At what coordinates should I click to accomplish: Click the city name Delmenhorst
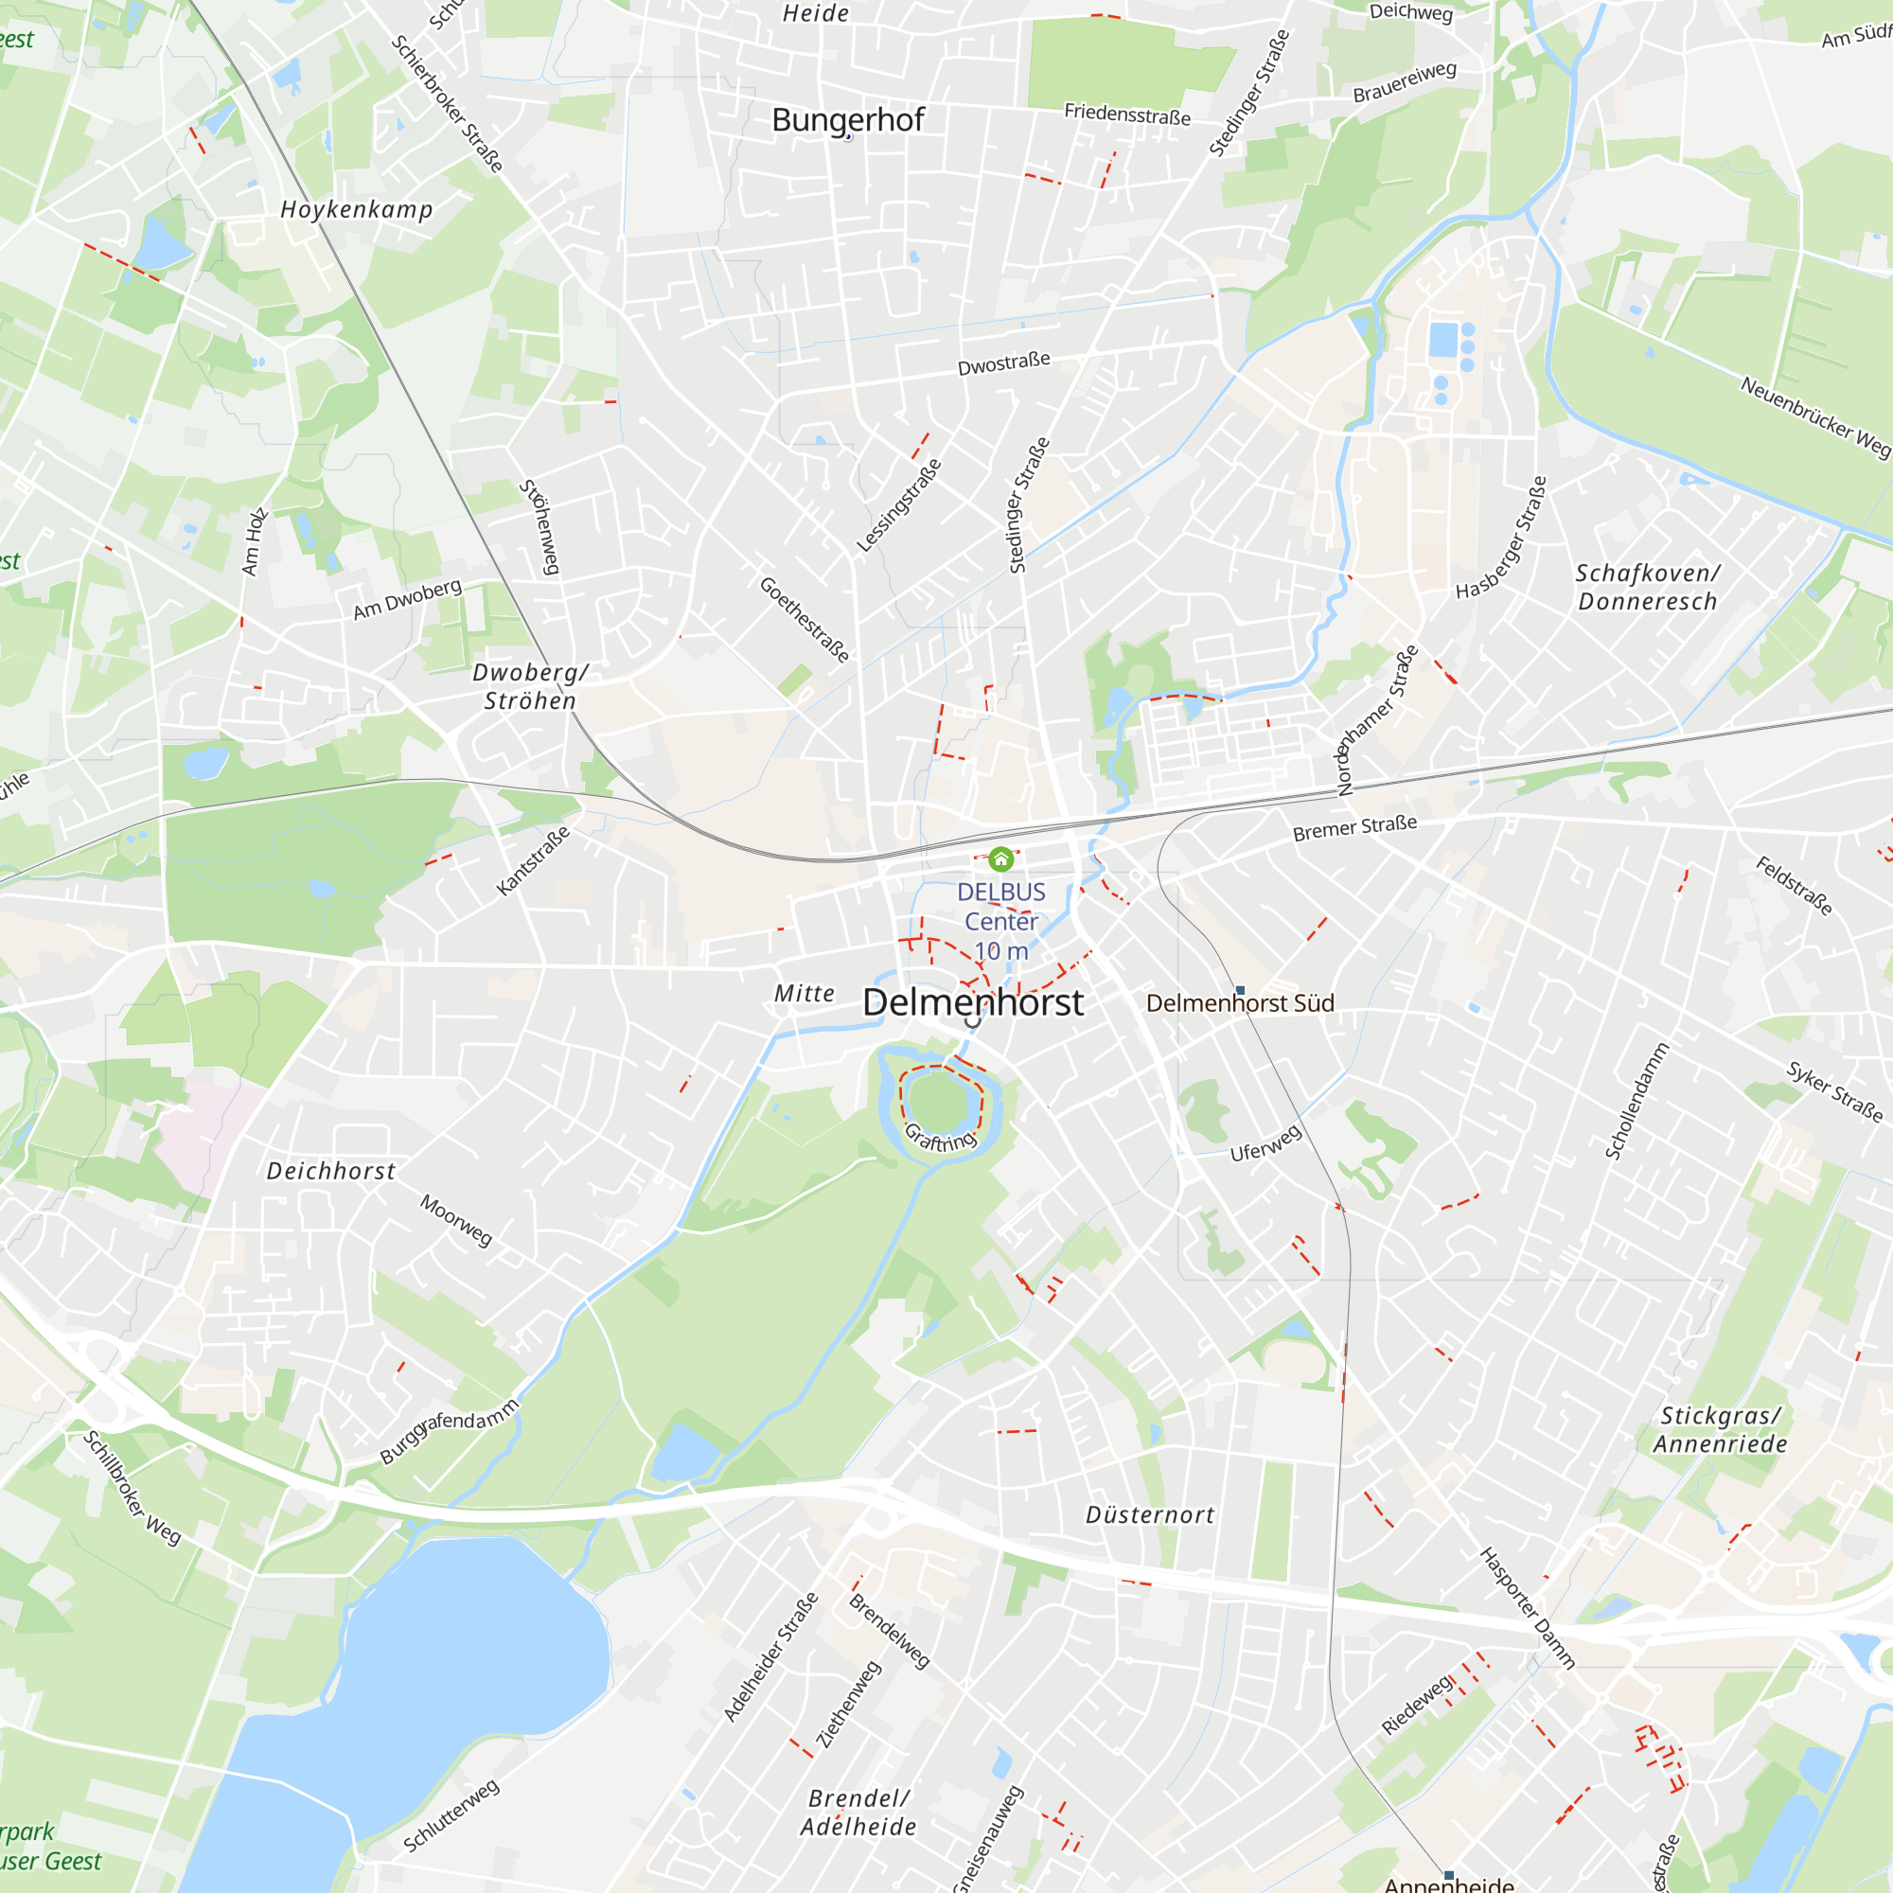click(972, 1002)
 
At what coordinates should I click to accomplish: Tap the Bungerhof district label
click(847, 119)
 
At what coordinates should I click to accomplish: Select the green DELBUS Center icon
click(1000, 859)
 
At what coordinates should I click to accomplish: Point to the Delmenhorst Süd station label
click(1240, 1003)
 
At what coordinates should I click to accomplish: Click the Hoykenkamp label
click(356, 210)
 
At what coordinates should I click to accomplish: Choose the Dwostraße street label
click(1003, 363)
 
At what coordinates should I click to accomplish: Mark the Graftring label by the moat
click(940, 1138)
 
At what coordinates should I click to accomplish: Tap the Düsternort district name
click(1149, 1514)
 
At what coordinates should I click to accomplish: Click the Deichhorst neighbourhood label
click(331, 1171)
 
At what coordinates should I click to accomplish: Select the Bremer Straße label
click(1354, 828)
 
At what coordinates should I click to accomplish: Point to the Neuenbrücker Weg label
click(1814, 416)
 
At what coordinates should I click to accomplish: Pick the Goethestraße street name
click(805, 619)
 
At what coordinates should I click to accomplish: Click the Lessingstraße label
click(898, 505)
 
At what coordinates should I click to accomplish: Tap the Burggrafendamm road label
click(449, 1431)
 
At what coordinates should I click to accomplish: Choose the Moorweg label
click(455, 1220)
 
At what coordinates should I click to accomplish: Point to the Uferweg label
click(1265, 1143)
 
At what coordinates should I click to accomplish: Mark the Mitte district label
click(805, 994)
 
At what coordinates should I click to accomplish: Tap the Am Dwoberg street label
click(407, 600)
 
